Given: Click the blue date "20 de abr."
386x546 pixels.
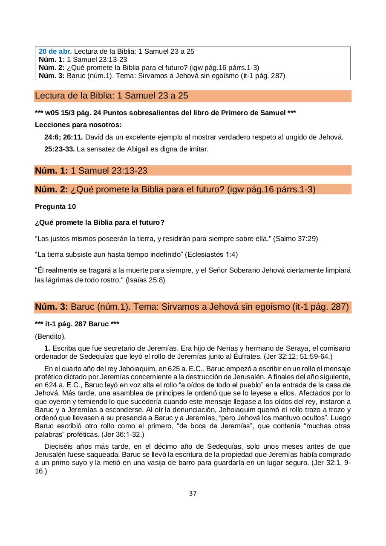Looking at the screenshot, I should pos(55,51).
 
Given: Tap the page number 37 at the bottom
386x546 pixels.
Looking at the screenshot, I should pos(193,494).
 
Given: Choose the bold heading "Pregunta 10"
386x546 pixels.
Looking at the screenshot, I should pos(55,207).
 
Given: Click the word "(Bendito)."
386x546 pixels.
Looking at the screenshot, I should pos(50,336).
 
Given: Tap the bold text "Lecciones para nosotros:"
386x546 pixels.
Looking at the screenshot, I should pos(78,125).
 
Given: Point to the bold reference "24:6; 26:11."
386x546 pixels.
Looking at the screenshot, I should pos(63,137).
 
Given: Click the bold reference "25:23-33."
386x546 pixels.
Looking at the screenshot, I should pos(59,149).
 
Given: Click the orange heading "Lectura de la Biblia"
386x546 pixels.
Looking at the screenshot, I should pos(112,96).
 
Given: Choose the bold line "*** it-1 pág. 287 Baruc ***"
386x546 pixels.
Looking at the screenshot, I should pos(77,324).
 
